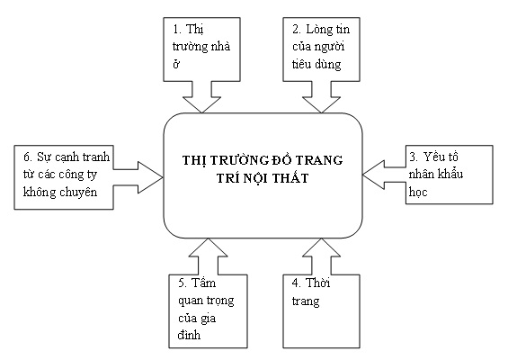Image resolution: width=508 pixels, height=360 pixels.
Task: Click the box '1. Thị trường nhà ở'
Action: tap(201, 49)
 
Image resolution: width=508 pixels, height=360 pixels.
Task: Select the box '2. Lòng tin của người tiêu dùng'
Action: tap(321, 49)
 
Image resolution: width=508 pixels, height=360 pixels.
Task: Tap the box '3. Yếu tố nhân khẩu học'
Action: tap(450, 175)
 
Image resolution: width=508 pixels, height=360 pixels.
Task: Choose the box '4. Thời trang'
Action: tap(321, 311)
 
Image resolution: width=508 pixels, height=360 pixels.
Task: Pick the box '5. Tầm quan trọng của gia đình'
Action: tap(208, 311)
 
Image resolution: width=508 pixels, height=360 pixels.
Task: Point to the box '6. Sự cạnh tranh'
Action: tap(64, 177)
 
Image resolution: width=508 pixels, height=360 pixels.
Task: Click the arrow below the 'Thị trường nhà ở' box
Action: tap(201, 97)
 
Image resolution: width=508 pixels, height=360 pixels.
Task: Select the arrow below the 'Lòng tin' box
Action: tap(321, 97)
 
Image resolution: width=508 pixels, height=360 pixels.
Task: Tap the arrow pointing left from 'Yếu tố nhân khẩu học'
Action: tap(384, 175)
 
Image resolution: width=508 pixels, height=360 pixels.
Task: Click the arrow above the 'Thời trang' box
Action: tap(321, 256)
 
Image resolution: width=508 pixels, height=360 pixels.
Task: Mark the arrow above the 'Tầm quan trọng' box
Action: tap(208, 256)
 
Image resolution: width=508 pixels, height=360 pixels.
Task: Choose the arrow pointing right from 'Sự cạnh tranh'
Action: tap(138, 177)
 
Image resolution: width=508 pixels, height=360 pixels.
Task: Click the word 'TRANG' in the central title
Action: tap(320, 160)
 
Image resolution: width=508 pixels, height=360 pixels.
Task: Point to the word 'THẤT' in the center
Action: tap(290, 178)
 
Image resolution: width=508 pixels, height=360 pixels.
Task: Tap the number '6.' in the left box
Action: tap(28, 157)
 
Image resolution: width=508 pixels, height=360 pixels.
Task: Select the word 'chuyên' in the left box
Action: tap(78, 193)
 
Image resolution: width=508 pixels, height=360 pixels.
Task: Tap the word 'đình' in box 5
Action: tap(189, 335)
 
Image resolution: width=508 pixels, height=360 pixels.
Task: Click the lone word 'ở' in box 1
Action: tap(176, 64)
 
